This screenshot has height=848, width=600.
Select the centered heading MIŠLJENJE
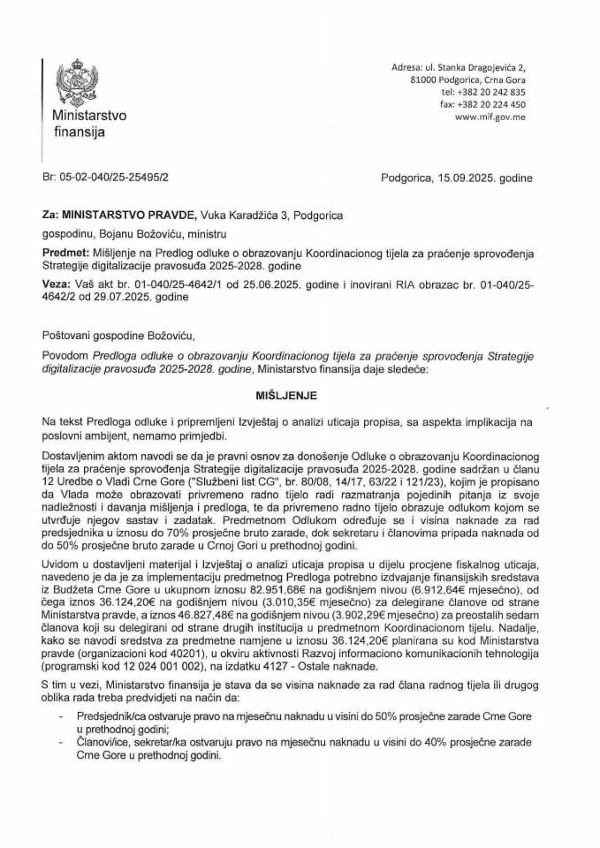coord(300,397)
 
